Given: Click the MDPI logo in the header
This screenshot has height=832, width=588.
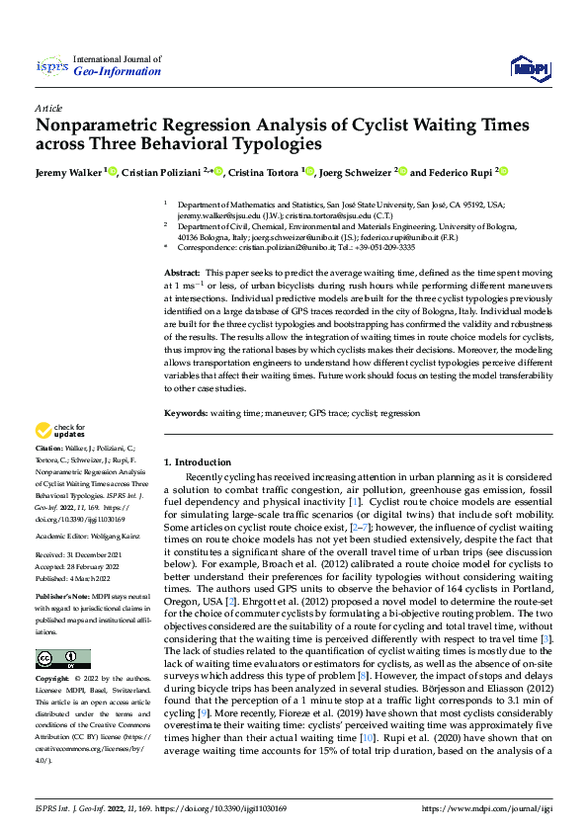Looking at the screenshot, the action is [526, 66].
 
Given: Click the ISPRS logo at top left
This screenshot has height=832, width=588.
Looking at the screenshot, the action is [51, 66].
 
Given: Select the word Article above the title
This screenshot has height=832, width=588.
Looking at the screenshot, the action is [48, 107].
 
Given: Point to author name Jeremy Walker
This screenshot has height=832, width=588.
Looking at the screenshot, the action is [70, 172].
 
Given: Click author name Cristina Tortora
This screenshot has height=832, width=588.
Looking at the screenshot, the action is [266, 172].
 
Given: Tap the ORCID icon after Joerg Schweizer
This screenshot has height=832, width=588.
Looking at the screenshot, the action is [402, 171].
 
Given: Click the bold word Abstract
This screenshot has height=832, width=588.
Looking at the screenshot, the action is [181, 272].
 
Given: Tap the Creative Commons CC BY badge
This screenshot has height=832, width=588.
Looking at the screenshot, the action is [62, 658].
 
